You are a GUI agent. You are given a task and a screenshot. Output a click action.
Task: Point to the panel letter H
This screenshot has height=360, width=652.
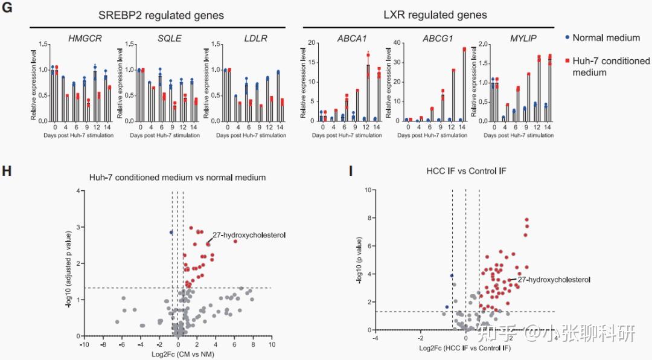tap(7, 172)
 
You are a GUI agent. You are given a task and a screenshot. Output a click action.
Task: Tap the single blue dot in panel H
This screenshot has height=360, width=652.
tap(171, 232)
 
